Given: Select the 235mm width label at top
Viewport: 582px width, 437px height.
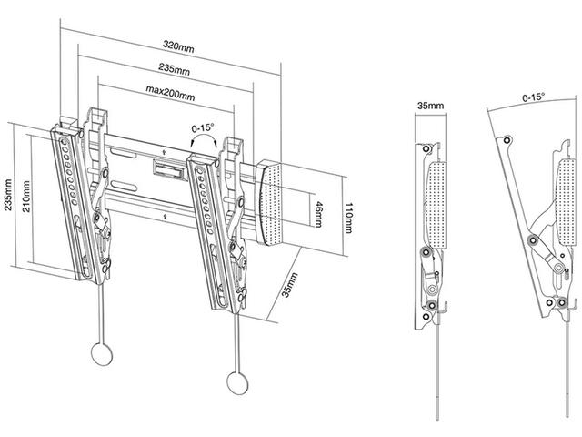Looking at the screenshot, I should pos(174,69).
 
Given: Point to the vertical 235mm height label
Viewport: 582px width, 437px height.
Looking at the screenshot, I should pos(8,194).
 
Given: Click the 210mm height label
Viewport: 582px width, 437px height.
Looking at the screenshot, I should pos(27,194).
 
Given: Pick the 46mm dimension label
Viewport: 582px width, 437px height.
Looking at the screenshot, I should pos(319,212).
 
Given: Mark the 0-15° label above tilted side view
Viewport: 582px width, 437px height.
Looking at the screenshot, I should pos(536,95).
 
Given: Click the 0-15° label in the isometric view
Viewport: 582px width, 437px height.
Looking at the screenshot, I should pos(202,128).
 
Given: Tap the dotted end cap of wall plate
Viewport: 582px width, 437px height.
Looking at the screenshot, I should pos(278,202).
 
